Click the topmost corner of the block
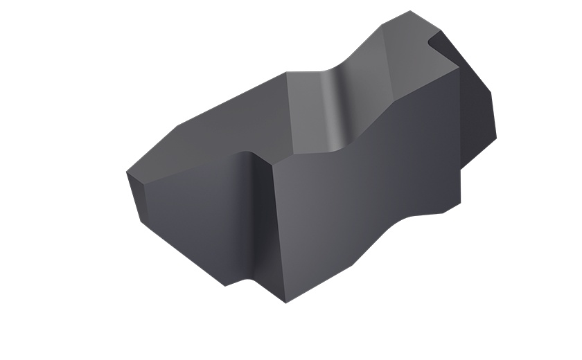(410, 11)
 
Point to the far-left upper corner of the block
(127, 172)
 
